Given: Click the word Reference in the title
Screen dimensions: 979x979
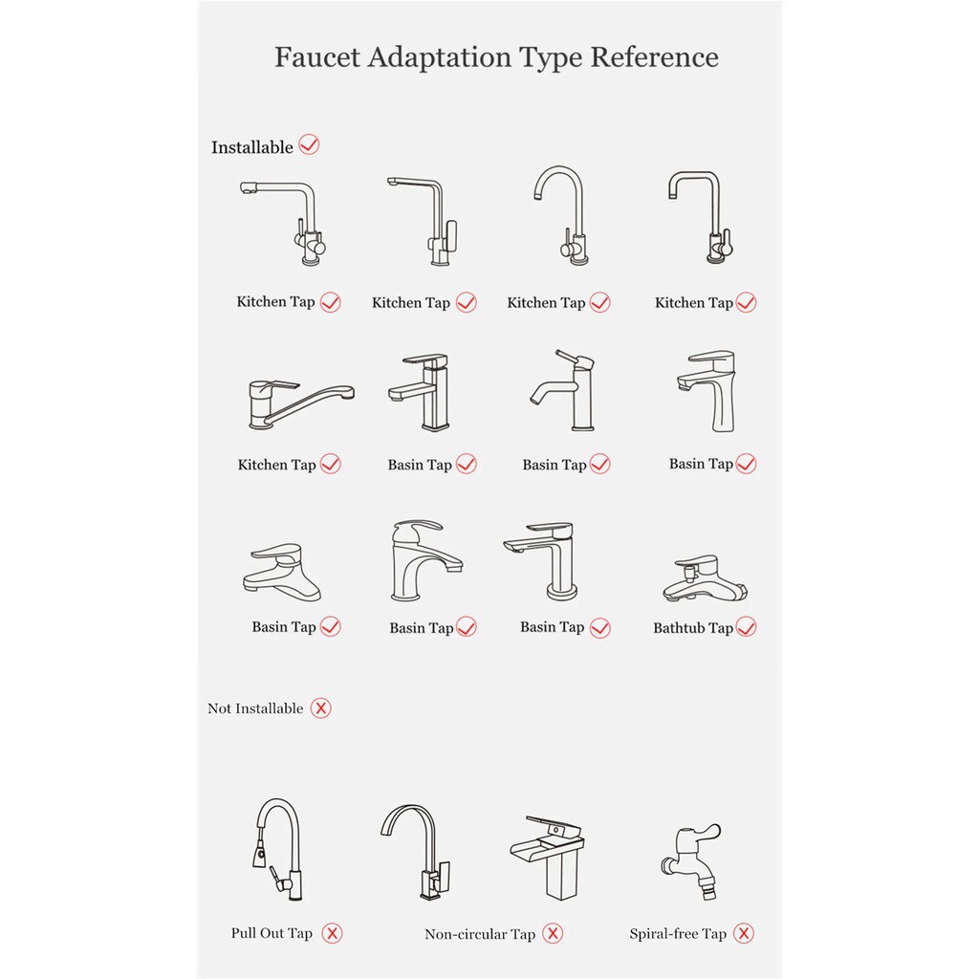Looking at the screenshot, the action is (654, 56).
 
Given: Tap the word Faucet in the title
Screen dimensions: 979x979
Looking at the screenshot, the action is (317, 56).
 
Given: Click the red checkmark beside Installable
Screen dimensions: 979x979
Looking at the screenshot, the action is (309, 145).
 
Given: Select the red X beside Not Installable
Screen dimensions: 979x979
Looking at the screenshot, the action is (321, 708).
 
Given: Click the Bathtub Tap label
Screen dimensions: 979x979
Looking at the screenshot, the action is (692, 627).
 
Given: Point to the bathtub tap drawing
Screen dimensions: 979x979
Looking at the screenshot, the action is (705, 578).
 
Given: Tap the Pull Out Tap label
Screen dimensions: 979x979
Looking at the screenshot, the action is (272, 933).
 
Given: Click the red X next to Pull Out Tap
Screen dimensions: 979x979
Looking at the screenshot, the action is (332, 933).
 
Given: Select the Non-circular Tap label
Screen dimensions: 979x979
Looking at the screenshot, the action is (480, 934).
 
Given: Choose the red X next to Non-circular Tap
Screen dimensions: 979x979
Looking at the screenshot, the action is (553, 933).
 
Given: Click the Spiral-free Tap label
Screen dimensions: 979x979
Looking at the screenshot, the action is (678, 933).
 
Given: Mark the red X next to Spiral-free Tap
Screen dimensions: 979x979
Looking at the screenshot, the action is (744, 933).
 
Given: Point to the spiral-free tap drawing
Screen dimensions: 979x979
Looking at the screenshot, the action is (692, 861).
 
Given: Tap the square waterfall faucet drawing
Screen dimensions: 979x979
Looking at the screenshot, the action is (548, 857).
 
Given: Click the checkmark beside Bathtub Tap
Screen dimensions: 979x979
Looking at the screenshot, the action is (746, 626).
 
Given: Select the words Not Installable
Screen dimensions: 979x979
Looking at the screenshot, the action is (255, 708).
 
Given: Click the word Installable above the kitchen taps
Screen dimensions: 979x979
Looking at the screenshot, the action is (252, 147).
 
